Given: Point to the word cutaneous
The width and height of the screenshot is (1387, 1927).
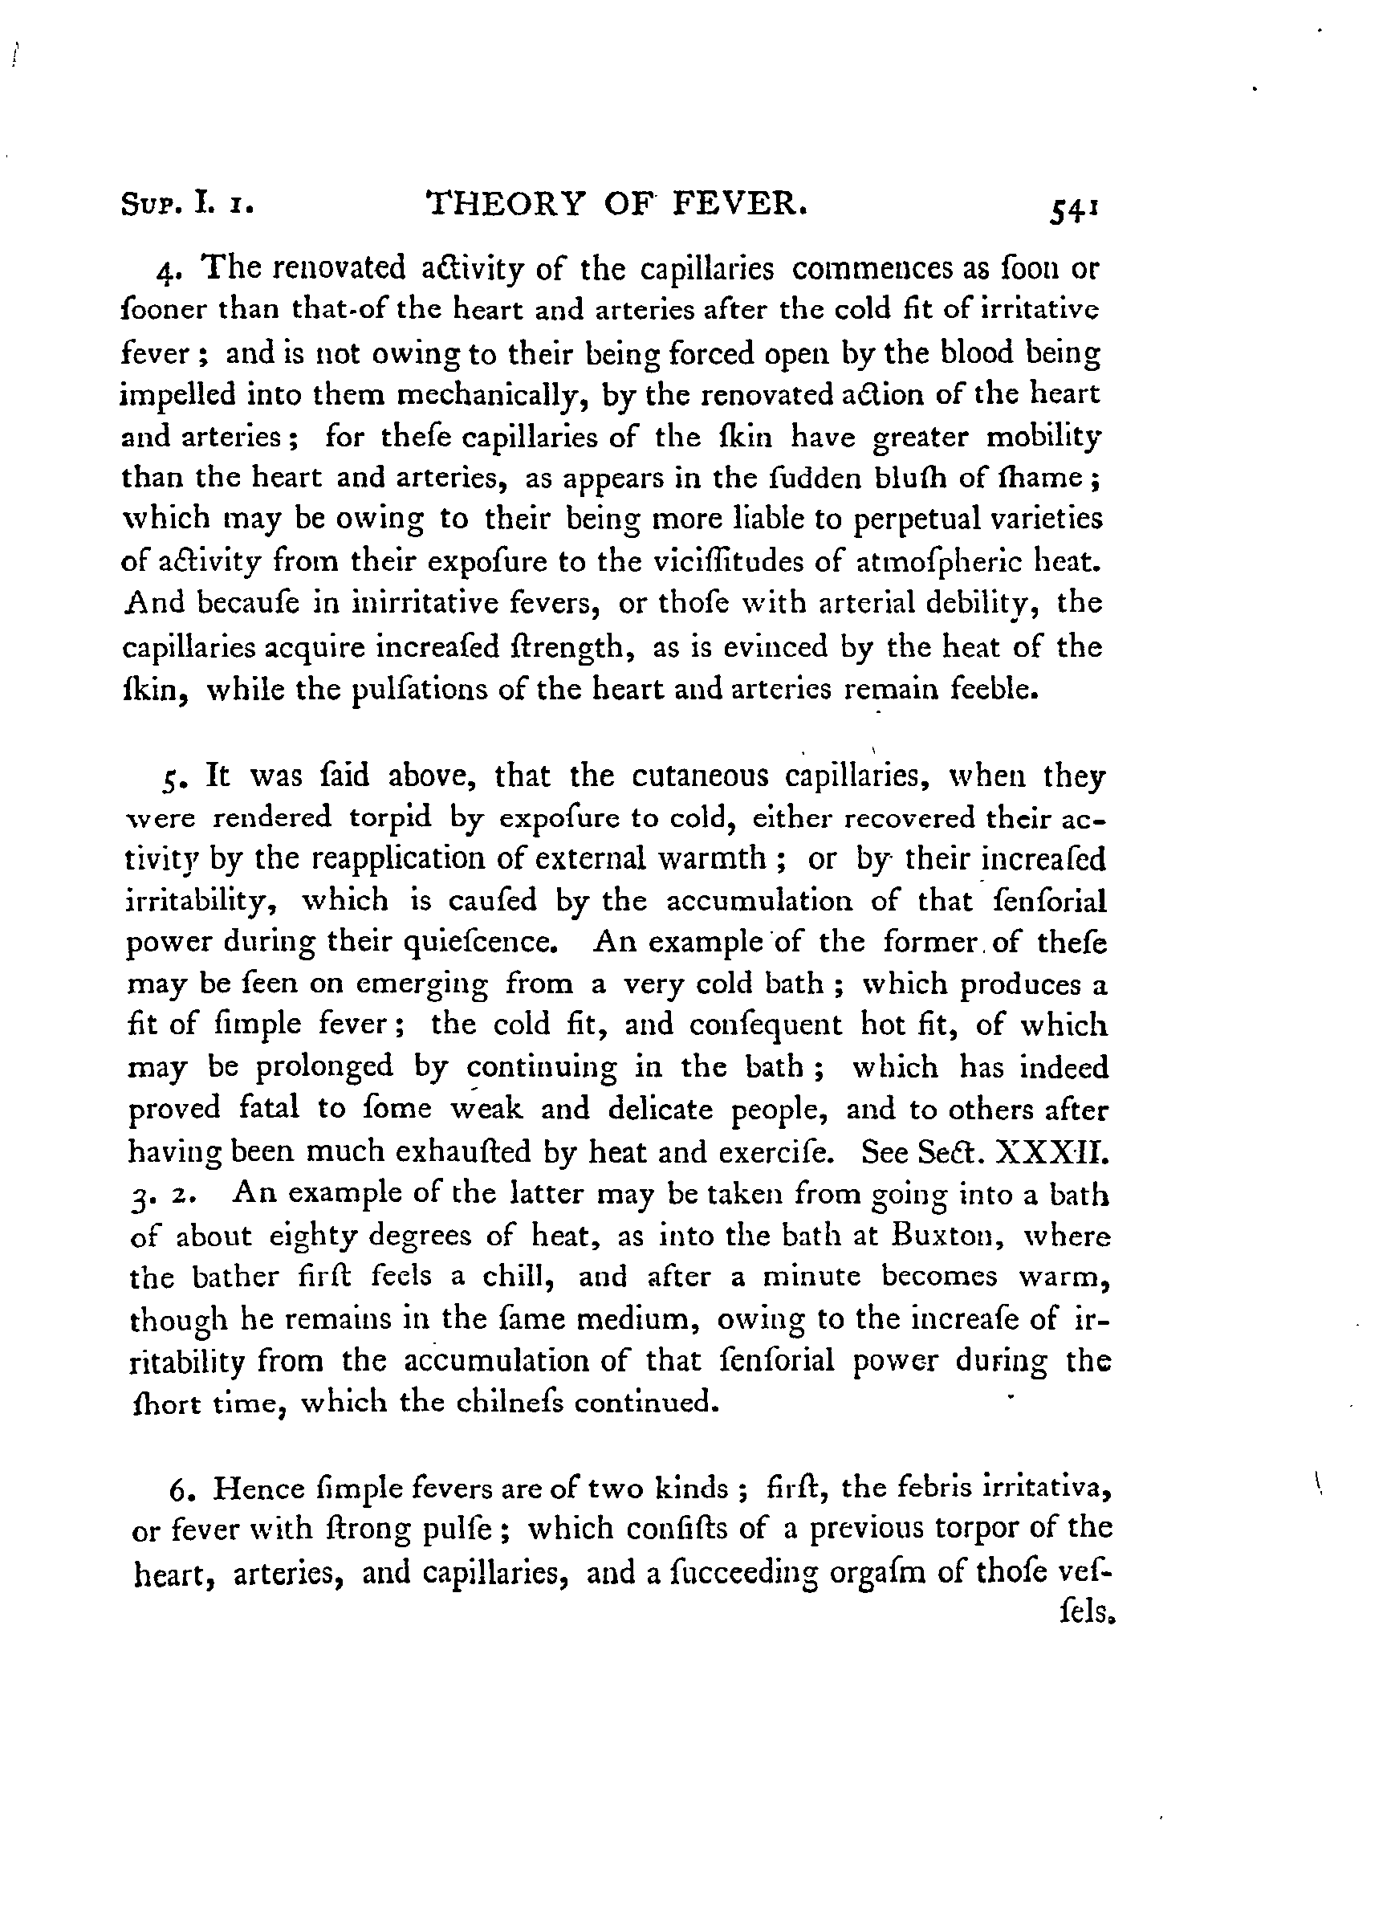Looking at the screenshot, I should [701, 776].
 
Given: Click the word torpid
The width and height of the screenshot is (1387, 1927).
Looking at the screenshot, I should [391, 817].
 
